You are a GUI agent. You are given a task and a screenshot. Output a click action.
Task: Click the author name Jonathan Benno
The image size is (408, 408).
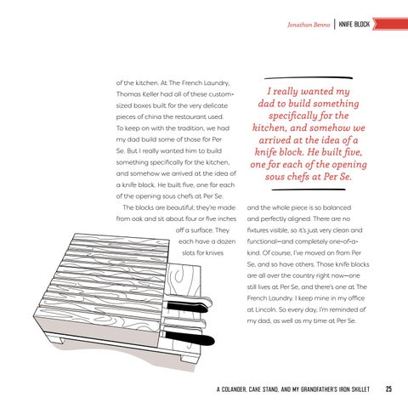click(x=309, y=25)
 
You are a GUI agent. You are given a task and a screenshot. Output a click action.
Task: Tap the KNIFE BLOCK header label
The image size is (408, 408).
click(x=354, y=25)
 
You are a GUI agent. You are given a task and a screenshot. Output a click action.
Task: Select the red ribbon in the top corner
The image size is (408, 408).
click(x=390, y=24)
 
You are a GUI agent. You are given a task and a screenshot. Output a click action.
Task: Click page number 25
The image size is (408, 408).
click(x=388, y=388)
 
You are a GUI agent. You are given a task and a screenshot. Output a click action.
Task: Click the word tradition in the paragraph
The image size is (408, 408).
click(x=190, y=128)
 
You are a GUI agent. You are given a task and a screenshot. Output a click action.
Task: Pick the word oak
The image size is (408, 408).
click(x=137, y=219)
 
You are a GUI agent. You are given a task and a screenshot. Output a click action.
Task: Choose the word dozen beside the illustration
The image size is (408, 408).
click(x=226, y=241)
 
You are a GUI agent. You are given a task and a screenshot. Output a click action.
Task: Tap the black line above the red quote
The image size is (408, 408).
click(x=309, y=77)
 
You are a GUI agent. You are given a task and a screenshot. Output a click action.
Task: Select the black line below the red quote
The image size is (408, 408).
click(x=309, y=190)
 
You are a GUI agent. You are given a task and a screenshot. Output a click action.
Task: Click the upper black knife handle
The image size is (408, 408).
click(x=188, y=307)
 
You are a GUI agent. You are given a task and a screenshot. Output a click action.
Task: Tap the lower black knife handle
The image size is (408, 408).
click(x=190, y=338)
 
